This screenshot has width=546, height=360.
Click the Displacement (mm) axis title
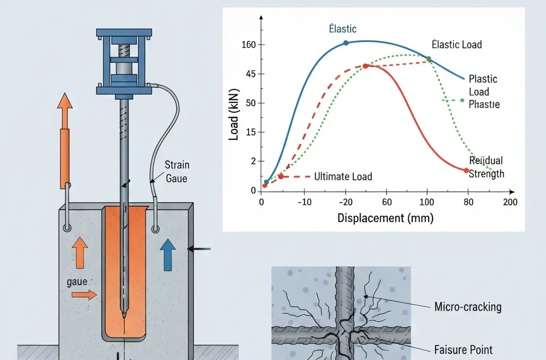tap(385, 218)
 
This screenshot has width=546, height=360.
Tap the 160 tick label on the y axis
tap(250, 44)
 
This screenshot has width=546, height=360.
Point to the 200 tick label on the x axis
tap(510, 202)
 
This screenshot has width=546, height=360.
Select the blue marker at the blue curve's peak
tap(346, 43)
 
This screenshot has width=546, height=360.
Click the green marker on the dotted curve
tap(428, 59)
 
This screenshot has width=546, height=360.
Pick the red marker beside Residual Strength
tap(466, 171)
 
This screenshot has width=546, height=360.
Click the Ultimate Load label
tap(343, 177)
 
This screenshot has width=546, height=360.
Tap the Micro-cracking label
tap(468, 307)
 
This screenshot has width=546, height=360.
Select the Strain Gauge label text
tap(176, 171)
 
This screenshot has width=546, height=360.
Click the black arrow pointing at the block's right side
tap(200, 249)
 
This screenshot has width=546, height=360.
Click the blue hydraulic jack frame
tap(124, 60)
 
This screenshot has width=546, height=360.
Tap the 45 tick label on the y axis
tap(251, 74)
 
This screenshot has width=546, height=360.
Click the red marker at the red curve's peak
tap(365, 66)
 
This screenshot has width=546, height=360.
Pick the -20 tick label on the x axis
tap(346, 202)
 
